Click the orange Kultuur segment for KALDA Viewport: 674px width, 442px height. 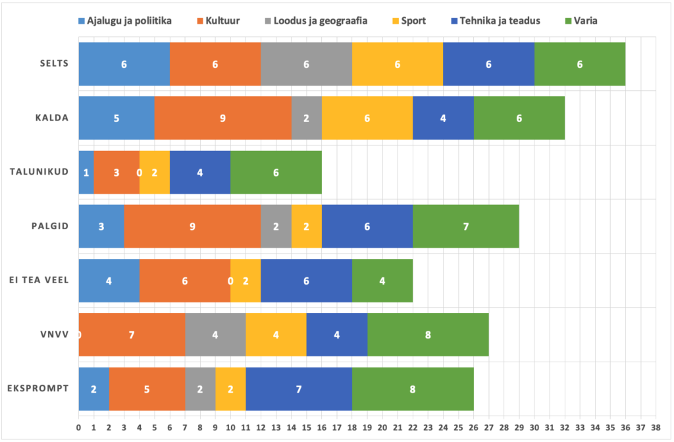[223, 119]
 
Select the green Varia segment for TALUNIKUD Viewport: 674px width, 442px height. [276, 173]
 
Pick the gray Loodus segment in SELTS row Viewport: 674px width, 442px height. [306, 64]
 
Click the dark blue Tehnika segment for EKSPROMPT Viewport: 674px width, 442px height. [299, 389]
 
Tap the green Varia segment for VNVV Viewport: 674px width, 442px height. [428, 335]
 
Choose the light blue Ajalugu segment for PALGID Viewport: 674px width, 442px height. [101, 227]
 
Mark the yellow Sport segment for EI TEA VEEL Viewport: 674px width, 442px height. [246, 281]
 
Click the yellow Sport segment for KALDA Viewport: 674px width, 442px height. [367, 119]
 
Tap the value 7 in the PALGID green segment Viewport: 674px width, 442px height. [466, 227]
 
